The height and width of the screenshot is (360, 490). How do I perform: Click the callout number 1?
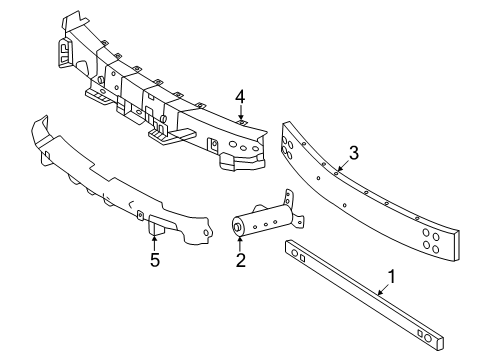pos(392,275)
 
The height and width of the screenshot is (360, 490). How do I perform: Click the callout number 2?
pos(240,262)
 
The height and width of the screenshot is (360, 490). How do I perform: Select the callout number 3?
pos(353,152)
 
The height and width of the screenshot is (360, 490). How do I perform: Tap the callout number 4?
pos(240,97)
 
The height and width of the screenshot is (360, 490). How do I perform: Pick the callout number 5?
pos(154,262)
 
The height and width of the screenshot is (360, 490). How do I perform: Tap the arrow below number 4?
pos(240,115)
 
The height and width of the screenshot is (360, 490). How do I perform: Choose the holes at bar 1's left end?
pos(299,256)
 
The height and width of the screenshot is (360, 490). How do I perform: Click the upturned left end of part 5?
pos(42,135)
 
